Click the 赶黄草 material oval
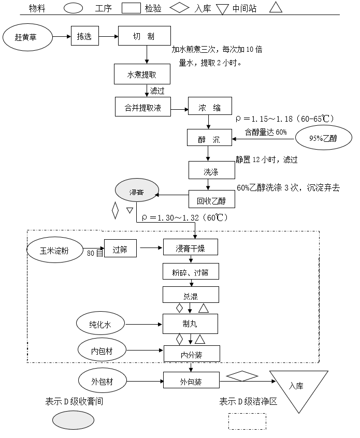[27, 37]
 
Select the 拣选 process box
[84, 37]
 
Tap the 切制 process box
[143, 36]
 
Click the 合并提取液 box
[143, 108]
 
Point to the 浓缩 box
[209, 108]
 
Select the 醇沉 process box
[209, 139]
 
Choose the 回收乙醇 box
[209, 199]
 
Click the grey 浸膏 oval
[136, 192]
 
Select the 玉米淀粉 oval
[54, 250]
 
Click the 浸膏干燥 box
[190, 248]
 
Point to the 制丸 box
[190, 325]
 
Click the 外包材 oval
[102, 382]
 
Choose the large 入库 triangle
[298, 387]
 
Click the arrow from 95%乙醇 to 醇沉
[263, 139]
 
